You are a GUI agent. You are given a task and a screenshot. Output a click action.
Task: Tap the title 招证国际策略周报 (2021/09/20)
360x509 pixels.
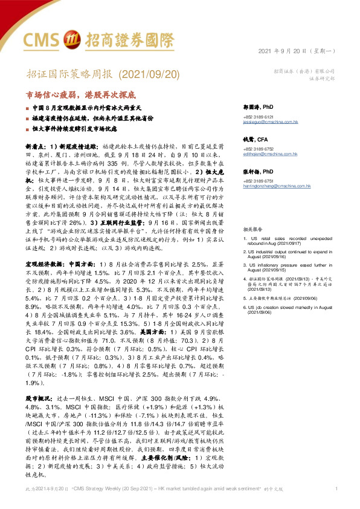(x=95, y=74)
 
